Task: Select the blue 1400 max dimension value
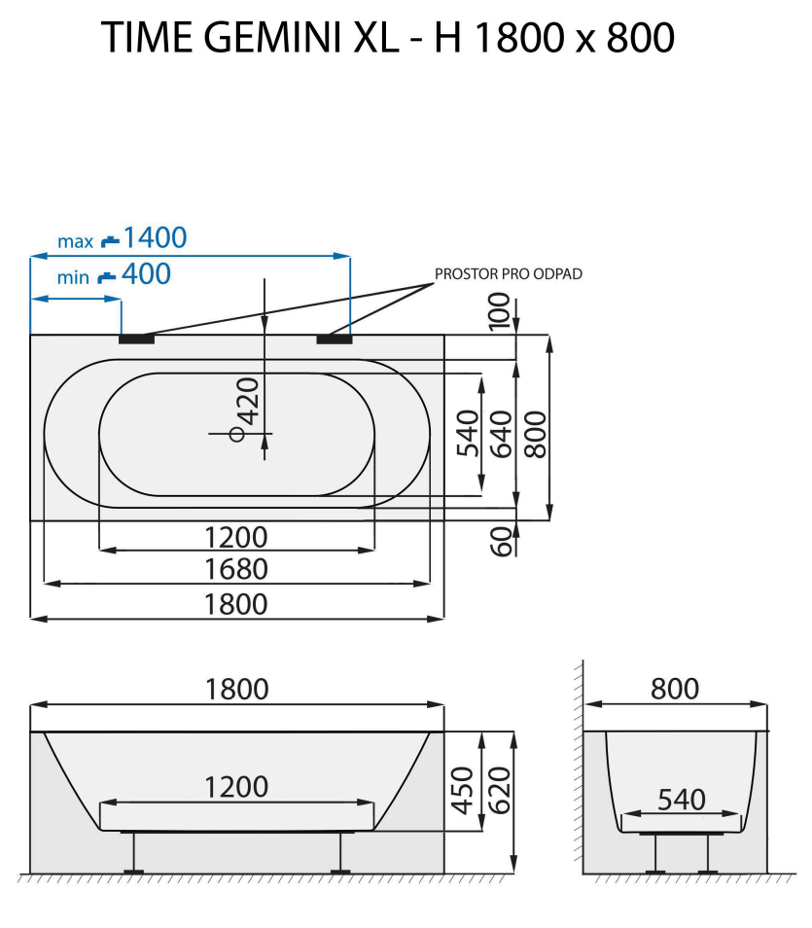(x=155, y=237)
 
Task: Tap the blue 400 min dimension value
(x=146, y=274)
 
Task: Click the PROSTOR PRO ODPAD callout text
(x=508, y=274)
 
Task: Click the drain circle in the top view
(x=236, y=434)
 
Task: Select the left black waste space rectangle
(x=136, y=339)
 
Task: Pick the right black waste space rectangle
(x=334, y=339)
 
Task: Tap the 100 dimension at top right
(x=501, y=312)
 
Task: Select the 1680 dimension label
(x=236, y=568)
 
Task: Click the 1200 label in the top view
(x=236, y=536)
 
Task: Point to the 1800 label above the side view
(x=236, y=689)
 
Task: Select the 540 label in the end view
(x=681, y=800)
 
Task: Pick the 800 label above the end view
(x=675, y=689)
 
